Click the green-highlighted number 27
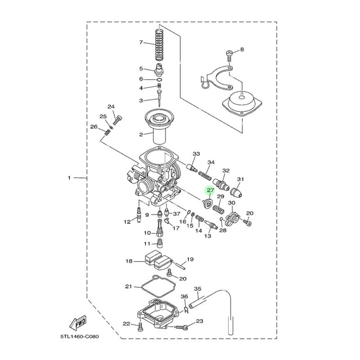coord(210,190)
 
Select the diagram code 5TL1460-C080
coord(79,337)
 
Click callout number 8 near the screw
coord(242,50)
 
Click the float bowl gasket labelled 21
coord(158,286)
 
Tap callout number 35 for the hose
coord(197,289)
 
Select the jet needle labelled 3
coord(159,98)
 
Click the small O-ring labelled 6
coord(159,80)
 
